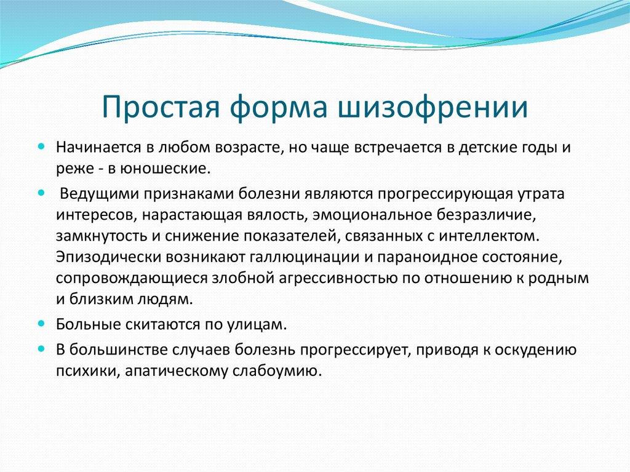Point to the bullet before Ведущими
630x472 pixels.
(41, 193)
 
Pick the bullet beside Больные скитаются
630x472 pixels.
(41, 323)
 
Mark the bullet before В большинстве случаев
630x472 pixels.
(41, 348)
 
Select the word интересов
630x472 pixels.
(96, 215)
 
